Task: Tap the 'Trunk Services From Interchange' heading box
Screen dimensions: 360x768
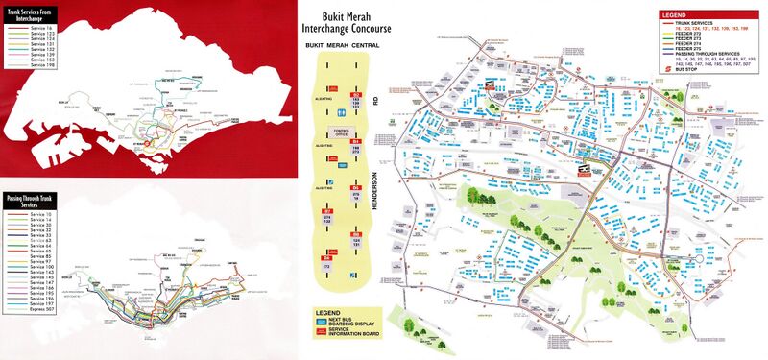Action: [x=33, y=17]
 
